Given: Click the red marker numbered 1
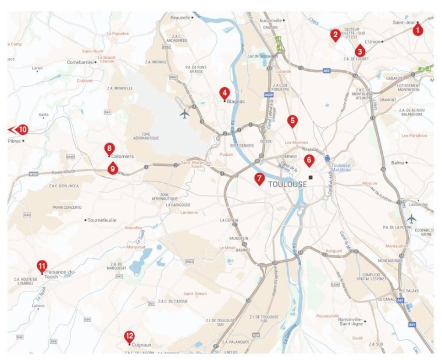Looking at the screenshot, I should point(418,27).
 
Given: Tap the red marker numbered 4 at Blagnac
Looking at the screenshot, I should point(224,93).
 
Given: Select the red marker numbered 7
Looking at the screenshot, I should point(259,179).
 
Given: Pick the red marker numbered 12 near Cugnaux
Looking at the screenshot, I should point(129,336).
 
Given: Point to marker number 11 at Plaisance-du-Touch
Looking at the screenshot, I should point(42,266).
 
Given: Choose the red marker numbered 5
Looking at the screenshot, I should point(293,121).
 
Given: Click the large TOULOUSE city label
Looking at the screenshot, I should point(288,184).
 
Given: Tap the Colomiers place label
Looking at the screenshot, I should point(123,156).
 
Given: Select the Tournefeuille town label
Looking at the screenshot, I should point(102,220).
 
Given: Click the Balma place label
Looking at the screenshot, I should point(398,163).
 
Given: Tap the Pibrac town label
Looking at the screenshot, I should point(15,141).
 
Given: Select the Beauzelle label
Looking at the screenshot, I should point(180,17).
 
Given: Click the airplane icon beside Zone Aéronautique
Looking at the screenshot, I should point(184,113).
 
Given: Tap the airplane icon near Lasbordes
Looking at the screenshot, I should point(412,219).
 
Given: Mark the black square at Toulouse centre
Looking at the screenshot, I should point(311,177).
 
